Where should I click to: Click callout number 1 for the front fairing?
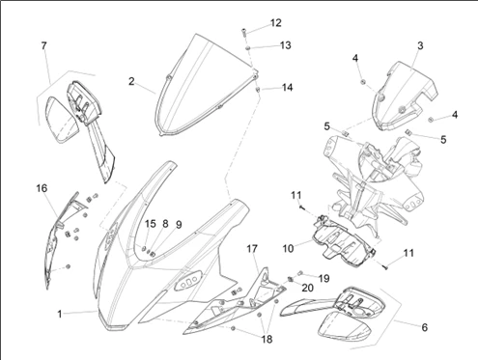click(60, 314)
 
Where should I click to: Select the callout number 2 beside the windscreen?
click(131, 81)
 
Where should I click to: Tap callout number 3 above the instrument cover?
click(420, 45)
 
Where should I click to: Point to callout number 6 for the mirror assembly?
click(425, 327)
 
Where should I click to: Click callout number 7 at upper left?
click(44, 45)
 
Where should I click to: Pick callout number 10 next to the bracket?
click(288, 248)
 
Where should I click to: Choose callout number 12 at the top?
click(276, 23)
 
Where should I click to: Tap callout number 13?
click(285, 45)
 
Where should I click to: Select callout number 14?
click(287, 87)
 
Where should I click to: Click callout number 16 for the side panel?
click(42, 188)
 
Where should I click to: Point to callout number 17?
click(252, 248)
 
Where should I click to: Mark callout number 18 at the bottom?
click(267, 339)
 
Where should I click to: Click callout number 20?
click(307, 288)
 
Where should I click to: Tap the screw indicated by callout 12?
click(243, 32)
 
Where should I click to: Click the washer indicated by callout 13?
click(248, 48)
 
